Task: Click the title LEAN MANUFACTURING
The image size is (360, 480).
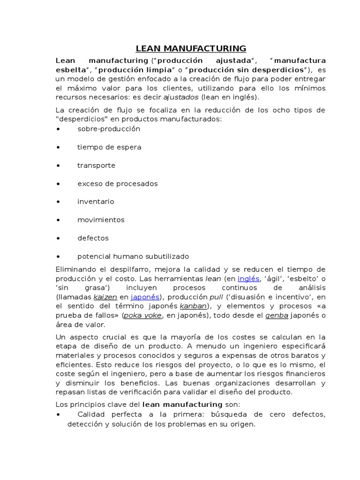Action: [191, 48]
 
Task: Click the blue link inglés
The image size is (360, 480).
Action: [248, 278]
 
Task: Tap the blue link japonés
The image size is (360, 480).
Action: [145, 297]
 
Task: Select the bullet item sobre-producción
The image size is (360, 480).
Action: [109, 129]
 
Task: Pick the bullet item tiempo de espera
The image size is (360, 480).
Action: [109, 147]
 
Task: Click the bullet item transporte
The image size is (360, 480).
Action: [96, 165]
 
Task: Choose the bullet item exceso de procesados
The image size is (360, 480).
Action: [118, 184]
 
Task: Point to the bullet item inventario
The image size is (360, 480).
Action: [96, 202]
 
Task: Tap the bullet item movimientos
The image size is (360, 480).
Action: [101, 220]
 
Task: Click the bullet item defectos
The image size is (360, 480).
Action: [93, 238]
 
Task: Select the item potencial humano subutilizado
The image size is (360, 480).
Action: [133, 256]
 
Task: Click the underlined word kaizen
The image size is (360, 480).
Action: [105, 297]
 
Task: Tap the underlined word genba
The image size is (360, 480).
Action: [277, 315]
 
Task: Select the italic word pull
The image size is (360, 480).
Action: [216, 297]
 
